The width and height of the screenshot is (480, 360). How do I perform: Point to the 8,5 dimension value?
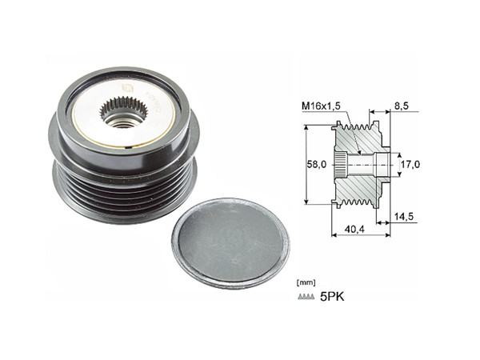click(403, 105)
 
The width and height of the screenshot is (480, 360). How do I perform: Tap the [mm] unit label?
click(305, 282)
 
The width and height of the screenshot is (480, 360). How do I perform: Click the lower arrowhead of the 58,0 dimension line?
click(306, 204)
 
